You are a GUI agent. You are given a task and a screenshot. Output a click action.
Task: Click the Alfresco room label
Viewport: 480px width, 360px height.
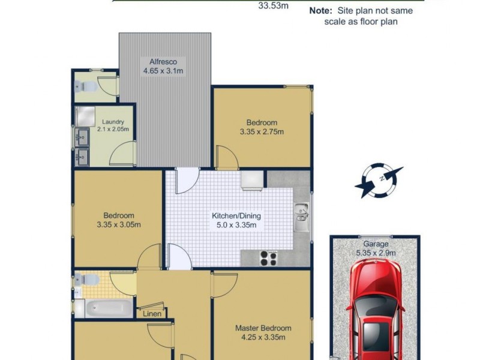[x=163, y=62]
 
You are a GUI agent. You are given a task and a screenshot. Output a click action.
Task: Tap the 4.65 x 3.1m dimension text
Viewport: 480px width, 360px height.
[x=163, y=71]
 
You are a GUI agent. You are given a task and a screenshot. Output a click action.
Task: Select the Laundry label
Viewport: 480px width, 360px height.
[x=113, y=122]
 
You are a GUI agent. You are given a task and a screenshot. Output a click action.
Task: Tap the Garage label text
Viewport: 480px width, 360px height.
[x=376, y=244]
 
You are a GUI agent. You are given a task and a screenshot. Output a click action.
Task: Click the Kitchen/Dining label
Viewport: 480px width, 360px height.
[x=236, y=216]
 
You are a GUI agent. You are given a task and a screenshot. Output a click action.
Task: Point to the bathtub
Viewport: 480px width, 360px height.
[x=109, y=308]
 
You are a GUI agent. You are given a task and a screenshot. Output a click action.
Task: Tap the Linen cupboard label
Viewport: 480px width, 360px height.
[x=151, y=313]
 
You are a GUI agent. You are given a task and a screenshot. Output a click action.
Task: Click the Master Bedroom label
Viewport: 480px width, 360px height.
[x=263, y=328]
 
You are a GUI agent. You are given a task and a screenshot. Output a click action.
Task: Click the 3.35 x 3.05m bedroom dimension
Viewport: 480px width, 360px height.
[x=118, y=225]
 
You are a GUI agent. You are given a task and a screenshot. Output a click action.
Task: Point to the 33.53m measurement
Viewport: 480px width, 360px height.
[x=274, y=7]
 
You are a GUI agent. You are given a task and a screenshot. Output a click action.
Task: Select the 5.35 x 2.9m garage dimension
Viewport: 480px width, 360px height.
[x=376, y=253]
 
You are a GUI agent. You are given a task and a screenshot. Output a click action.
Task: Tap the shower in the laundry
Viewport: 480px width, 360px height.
[x=85, y=115]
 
